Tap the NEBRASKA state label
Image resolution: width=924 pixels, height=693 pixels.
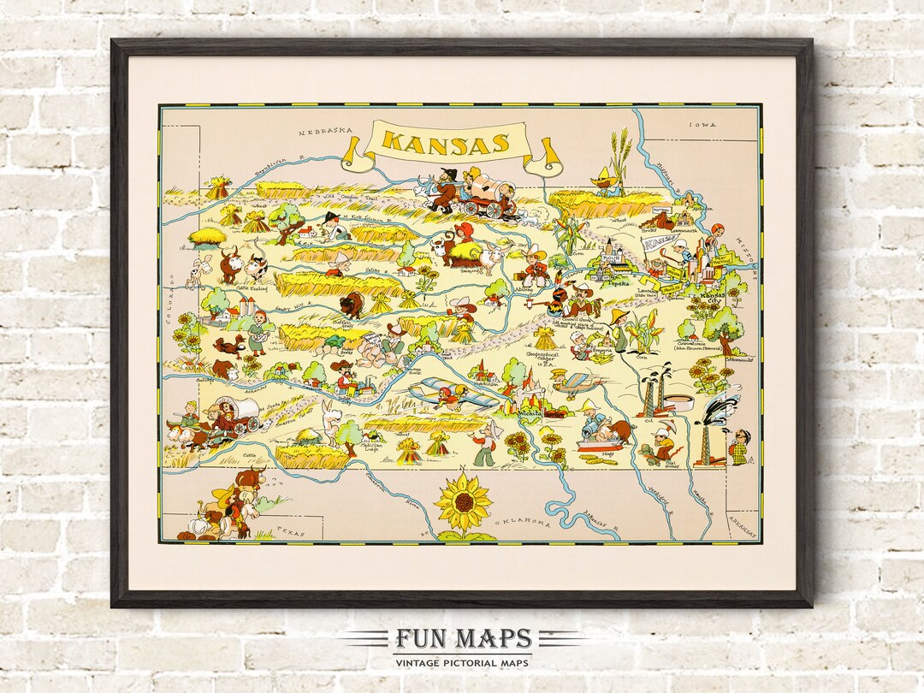(x=326, y=131)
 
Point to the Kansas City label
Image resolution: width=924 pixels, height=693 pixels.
(x=715, y=297)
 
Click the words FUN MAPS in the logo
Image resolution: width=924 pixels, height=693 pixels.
(x=463, y=638)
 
